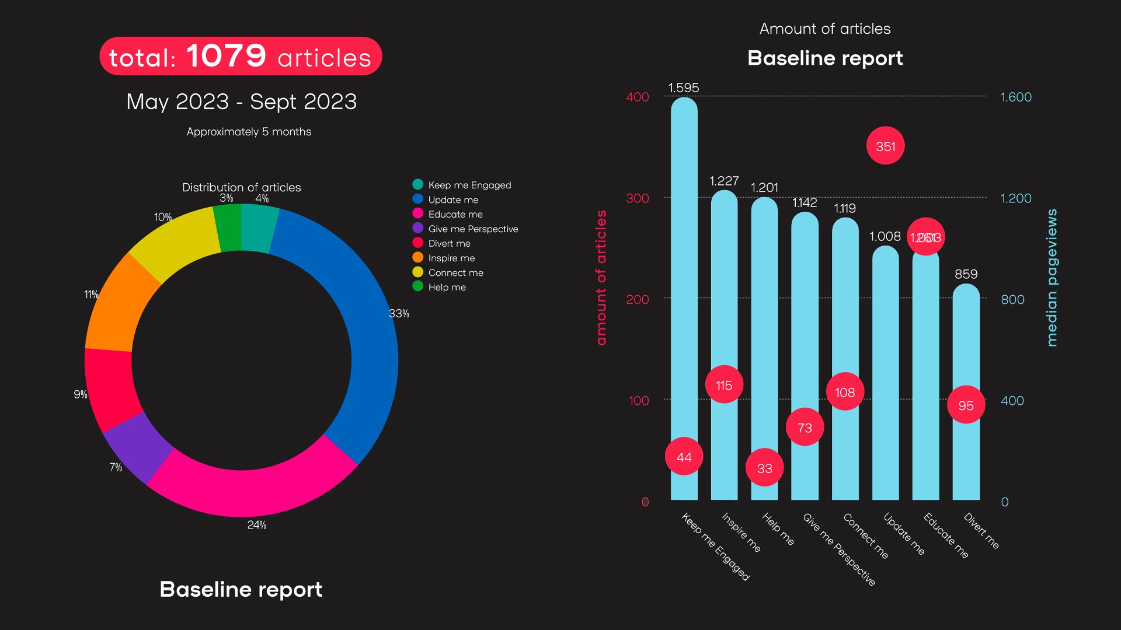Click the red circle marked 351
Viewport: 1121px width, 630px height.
pyautogui.click(x=885, y=146)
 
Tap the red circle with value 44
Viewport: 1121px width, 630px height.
pyautogui.click(x=684, y=457)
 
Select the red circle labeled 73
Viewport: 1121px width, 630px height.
pyautogui.click(x=805, y=428)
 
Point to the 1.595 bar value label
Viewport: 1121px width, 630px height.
pyautogui.click(x=684, y=87)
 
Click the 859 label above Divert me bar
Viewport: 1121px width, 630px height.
pyautogui.click(x=966, y=274)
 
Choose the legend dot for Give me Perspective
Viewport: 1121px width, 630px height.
pyautogui.click(x=418, y=228)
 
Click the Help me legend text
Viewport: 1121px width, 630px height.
pyautogui.click(x=447, y=287)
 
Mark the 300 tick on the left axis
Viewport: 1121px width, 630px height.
pyautogui.click(x=637, y=198)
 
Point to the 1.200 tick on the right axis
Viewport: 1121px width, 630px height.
pyautogui.click(x=1016, y=198)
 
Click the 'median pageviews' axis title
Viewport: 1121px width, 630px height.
pyautogui.click(x=1052, y=278)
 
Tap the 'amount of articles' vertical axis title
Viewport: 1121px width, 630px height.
pyautogui.click(x=601, y=278)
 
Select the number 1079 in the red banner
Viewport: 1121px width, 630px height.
pyautogui.click(x=227, y=56)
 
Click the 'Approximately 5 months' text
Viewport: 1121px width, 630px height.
pyautogui.click(x=249, y=132)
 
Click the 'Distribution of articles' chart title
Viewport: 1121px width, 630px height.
pyautogui.click(x=241, y=187)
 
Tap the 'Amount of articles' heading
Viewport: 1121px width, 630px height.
pyautogui.click(x=824, y=29)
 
